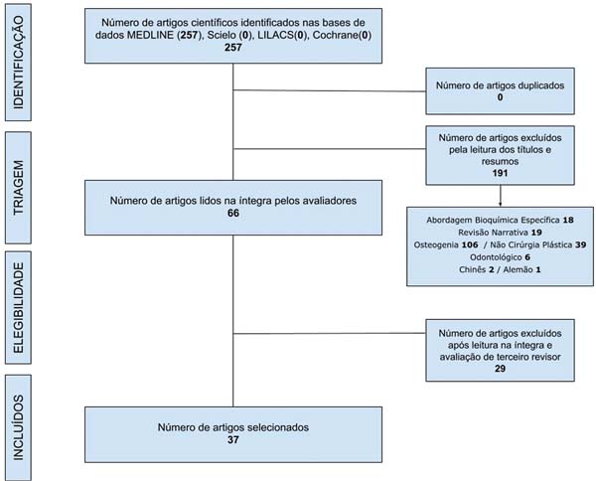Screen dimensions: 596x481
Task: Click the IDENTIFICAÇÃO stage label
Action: (18, 63)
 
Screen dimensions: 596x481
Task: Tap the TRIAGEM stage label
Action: (18, 188)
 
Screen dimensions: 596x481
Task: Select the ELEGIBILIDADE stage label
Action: (18, 308)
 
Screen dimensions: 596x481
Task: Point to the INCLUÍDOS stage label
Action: (18, 427)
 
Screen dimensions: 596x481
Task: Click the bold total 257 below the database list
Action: (233, 47)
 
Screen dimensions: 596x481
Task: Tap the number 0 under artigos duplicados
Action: (500, 97)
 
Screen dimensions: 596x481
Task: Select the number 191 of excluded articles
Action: (500, 173)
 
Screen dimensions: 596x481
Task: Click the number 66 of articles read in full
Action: (233, 213)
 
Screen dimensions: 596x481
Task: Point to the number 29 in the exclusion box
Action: (500, 369)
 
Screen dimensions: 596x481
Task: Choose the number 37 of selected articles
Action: (233, 439)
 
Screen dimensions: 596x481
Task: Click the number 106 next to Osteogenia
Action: (470, 244)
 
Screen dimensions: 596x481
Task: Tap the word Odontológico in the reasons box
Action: (496, 257)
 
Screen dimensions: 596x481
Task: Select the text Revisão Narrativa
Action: (493, 233)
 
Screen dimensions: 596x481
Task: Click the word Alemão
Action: (518, 269)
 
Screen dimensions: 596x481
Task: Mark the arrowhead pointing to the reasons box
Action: (500, 204)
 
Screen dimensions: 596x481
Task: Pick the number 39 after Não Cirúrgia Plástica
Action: (580, 244)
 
